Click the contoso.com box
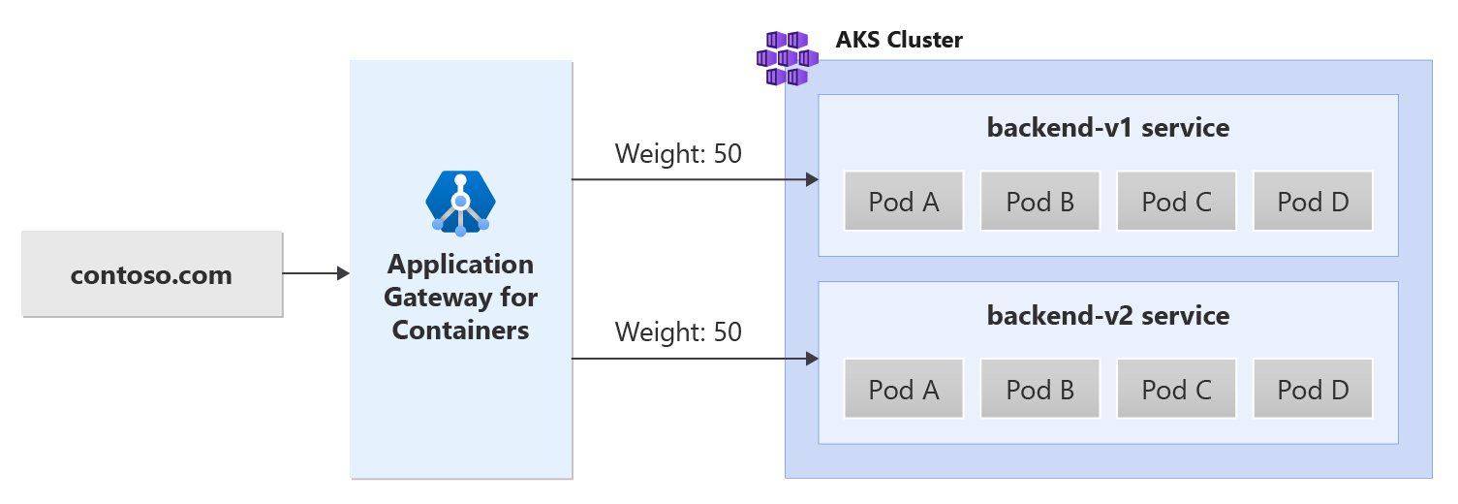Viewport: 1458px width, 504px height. (151, 274)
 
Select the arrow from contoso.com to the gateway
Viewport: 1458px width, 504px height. (315, 274)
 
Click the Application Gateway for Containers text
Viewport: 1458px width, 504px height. (460, 297)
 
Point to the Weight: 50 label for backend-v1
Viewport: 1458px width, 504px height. (678, 153)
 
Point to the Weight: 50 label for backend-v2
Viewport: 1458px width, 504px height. (678, 332)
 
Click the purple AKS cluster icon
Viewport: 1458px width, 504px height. (787, 57)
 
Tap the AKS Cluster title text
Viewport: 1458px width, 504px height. (899, 41)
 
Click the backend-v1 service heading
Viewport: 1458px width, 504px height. (1107, 127)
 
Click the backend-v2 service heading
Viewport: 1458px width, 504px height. (1107, 315)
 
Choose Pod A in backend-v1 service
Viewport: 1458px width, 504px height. (904, 202)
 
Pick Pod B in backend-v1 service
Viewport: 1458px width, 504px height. (1039, 202)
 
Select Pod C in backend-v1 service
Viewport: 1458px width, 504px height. (1176, 202)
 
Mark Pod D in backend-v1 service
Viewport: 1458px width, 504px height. (1313, 202)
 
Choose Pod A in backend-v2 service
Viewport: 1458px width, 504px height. (904, 390)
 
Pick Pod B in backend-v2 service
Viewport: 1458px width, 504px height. (1039, 390)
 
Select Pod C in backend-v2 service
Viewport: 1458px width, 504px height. (1176, 390)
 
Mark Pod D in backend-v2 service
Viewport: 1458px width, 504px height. (1313, 390)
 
